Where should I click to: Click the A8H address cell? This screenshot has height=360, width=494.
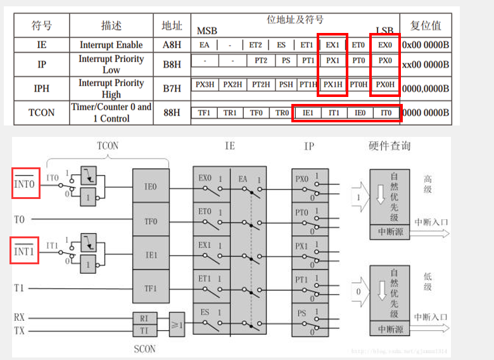click(172, 45)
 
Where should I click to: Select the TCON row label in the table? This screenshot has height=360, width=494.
click(42, 113)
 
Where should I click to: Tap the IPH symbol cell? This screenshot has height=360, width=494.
click(42, 89)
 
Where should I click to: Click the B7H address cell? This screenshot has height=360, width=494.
click(172, 89)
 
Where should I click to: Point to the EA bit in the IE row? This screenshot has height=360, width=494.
click(204, 45)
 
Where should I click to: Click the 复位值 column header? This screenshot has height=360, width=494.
click(426, 26)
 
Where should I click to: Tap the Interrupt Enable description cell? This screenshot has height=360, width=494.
click(111, 45)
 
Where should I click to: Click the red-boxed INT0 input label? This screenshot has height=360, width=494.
click(26, 183)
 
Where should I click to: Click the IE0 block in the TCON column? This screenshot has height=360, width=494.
click(151, 187)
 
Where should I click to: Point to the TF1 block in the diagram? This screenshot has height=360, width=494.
click(151, 289)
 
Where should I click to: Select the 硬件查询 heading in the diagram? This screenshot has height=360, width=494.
click(389, 146)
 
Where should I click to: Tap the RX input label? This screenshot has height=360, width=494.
click(20, 317)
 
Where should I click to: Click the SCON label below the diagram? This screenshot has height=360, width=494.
click(144, 349)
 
